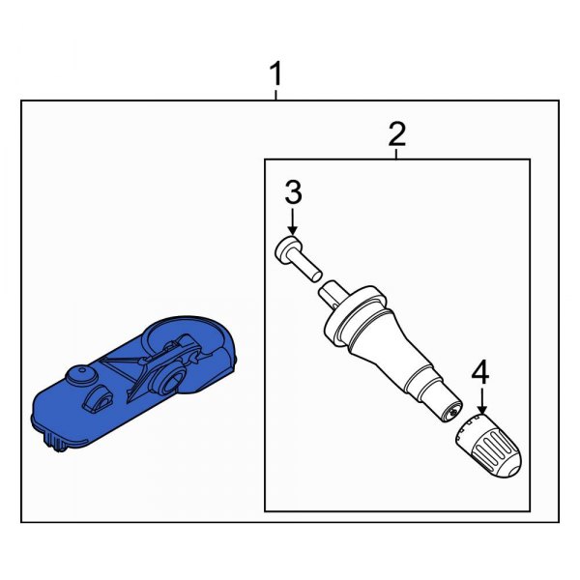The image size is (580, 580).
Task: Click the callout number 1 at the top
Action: coord(276,73)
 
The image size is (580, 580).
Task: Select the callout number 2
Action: coord(396,134)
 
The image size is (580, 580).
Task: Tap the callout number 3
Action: coord(293,192)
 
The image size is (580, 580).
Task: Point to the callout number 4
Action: coord(480,371)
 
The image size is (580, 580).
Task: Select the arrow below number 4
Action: coord(480,398)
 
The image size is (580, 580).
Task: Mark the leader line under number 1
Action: coord(276,95)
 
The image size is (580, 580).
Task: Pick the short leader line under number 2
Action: coord(396,154)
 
